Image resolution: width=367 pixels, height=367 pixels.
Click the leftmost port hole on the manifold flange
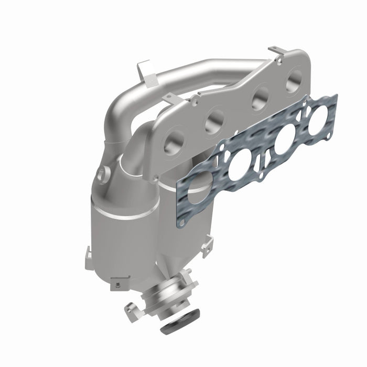tap(175, 142)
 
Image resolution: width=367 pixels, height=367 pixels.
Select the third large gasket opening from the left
tap(284, 141)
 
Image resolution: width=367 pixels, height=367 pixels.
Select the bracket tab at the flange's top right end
tap(278, 53)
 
